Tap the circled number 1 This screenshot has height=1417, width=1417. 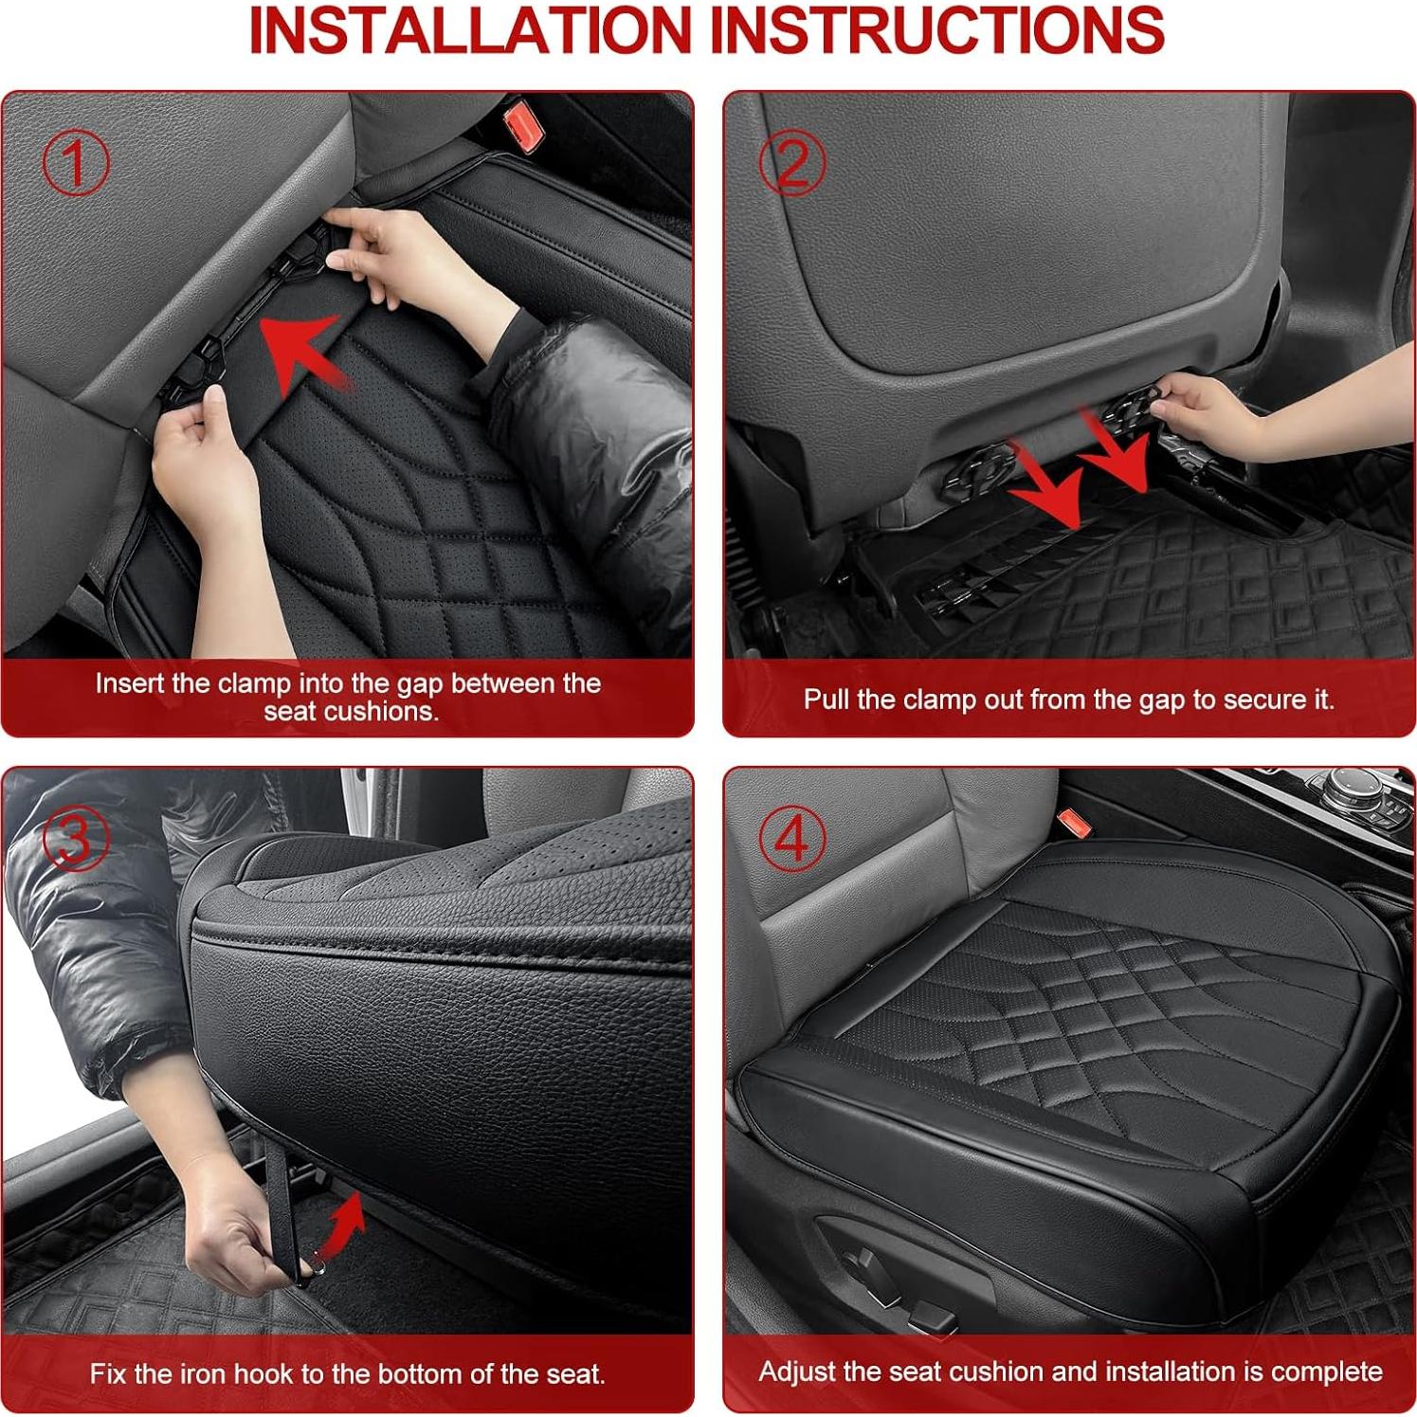[x=76, y=163]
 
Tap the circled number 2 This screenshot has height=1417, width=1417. [x=792, y=163]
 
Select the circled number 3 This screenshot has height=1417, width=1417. [x=76, y=839]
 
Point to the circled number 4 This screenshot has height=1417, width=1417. [x=792, y=839]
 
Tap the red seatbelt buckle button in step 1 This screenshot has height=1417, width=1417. [x=520, y=121]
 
